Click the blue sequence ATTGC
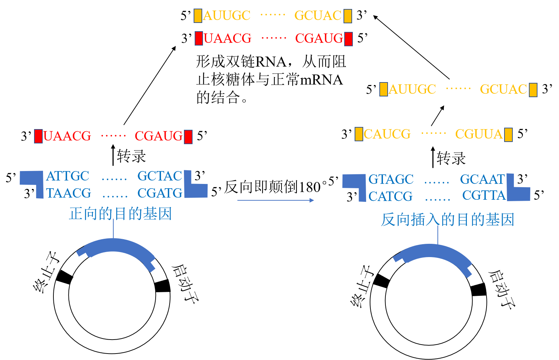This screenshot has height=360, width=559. (67, 176)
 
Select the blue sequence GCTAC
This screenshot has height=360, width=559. (160, 176)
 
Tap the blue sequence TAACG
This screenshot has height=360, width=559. (68, 193)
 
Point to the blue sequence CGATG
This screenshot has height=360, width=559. (160, 193)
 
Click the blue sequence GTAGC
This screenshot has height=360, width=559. (391, 179)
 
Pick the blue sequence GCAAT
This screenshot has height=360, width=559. (482, 179)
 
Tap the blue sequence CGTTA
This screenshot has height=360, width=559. (484, 195)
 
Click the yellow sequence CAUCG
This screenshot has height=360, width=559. (387, 134)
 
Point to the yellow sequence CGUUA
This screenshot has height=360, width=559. (479, 134)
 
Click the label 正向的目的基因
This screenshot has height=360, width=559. (120, 214)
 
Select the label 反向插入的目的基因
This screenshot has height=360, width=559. (447, 220)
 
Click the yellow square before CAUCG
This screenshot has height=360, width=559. (359, 134)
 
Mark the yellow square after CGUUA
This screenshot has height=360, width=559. (508, 134)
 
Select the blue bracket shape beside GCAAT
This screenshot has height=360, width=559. (518, 190)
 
